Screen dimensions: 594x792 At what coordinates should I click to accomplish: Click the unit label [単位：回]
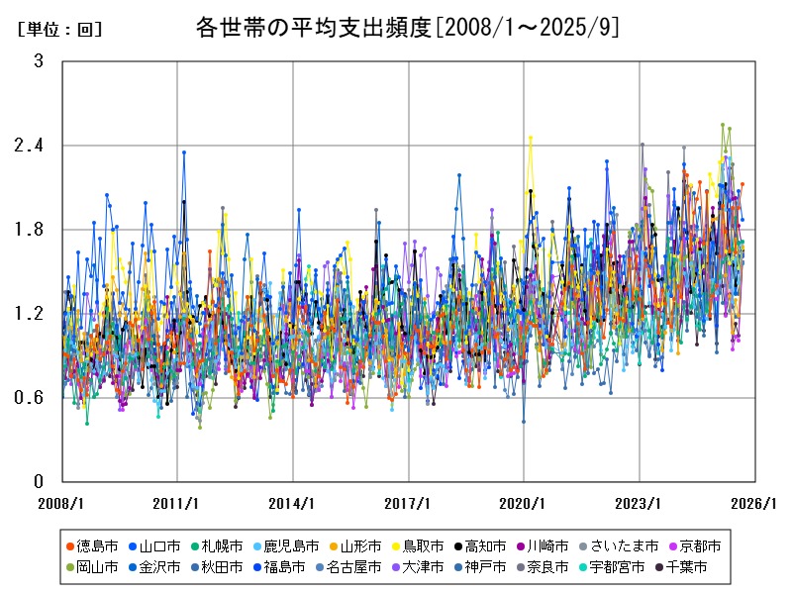(x=60, y=30)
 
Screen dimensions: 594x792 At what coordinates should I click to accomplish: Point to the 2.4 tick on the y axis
(x=33, y=146)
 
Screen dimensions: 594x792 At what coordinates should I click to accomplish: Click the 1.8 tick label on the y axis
(x=33, y=230)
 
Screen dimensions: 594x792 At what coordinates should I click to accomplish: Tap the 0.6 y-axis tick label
(x=33, y=398)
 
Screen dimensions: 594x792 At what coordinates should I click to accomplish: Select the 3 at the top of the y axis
(x=39, y=61)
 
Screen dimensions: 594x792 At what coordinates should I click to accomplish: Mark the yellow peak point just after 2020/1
(x=531, y=138)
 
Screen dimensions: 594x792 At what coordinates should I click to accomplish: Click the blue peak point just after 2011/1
(x=184, y=152)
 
